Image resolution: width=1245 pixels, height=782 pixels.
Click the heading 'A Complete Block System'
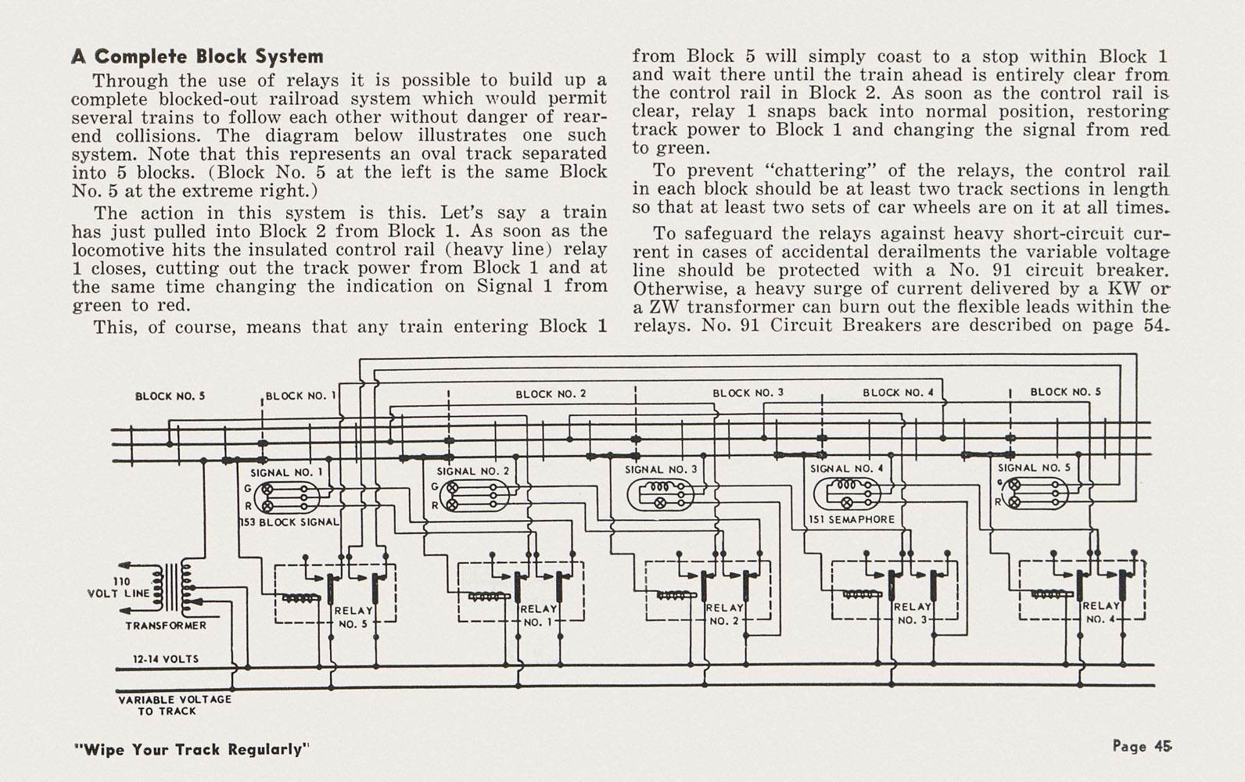pos(197,56)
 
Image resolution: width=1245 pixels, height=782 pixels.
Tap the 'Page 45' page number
pos(1143,746)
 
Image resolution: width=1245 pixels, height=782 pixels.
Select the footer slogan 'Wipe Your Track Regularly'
pos(192,749)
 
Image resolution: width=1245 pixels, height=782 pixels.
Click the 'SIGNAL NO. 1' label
pos(286,472)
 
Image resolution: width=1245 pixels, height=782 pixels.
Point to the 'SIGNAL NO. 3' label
pos(661,469)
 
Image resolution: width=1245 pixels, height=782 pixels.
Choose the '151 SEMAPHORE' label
pos(852,520)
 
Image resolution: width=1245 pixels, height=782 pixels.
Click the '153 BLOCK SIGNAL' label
pos(289,522)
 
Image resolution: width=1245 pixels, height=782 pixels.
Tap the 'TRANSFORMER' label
pos(166,626)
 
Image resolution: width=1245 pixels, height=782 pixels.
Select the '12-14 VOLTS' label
pos(166,659)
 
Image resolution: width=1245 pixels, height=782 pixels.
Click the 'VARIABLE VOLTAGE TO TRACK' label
pos(174,705)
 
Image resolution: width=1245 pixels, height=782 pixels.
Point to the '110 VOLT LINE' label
pos(119,587)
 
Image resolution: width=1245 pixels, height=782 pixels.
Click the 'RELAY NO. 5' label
pos(353,617)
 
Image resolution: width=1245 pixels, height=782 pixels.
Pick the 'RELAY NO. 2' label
pos(725,614)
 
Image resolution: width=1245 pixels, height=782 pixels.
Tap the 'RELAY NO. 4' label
pos(1101,612)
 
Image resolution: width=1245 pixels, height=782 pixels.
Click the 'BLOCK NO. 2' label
pos(551,394)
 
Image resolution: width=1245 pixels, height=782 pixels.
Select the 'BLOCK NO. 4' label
pos(899,393)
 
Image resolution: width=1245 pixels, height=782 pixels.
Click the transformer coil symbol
pos(172,587)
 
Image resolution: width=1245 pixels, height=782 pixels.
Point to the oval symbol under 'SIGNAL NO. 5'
pos(1035,493)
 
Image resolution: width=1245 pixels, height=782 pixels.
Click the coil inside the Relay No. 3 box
pos(862,594)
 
